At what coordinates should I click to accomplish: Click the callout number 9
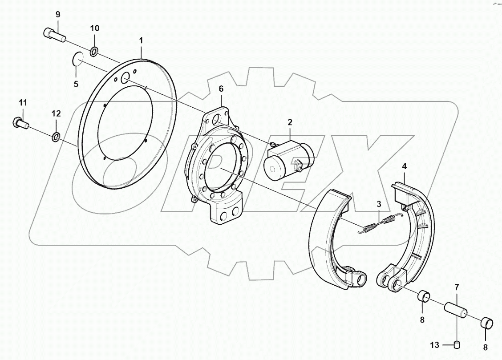click(58, 14)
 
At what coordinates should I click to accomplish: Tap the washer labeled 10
click(95, 53)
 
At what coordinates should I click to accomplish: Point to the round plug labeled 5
click(77, 59)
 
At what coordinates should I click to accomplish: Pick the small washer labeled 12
click(56, 136)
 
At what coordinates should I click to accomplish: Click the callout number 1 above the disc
click(141, 40)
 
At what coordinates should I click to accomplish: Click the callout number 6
click(221, 89)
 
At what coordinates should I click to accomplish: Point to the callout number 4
click(404, 166)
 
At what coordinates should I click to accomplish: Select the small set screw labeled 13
click(457, 344)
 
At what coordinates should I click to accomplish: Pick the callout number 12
click(56, 113)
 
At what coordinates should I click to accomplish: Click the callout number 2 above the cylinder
click(290, 122)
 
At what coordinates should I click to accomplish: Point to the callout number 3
click(379, 204)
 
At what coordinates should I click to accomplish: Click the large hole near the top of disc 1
click(125, 78)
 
